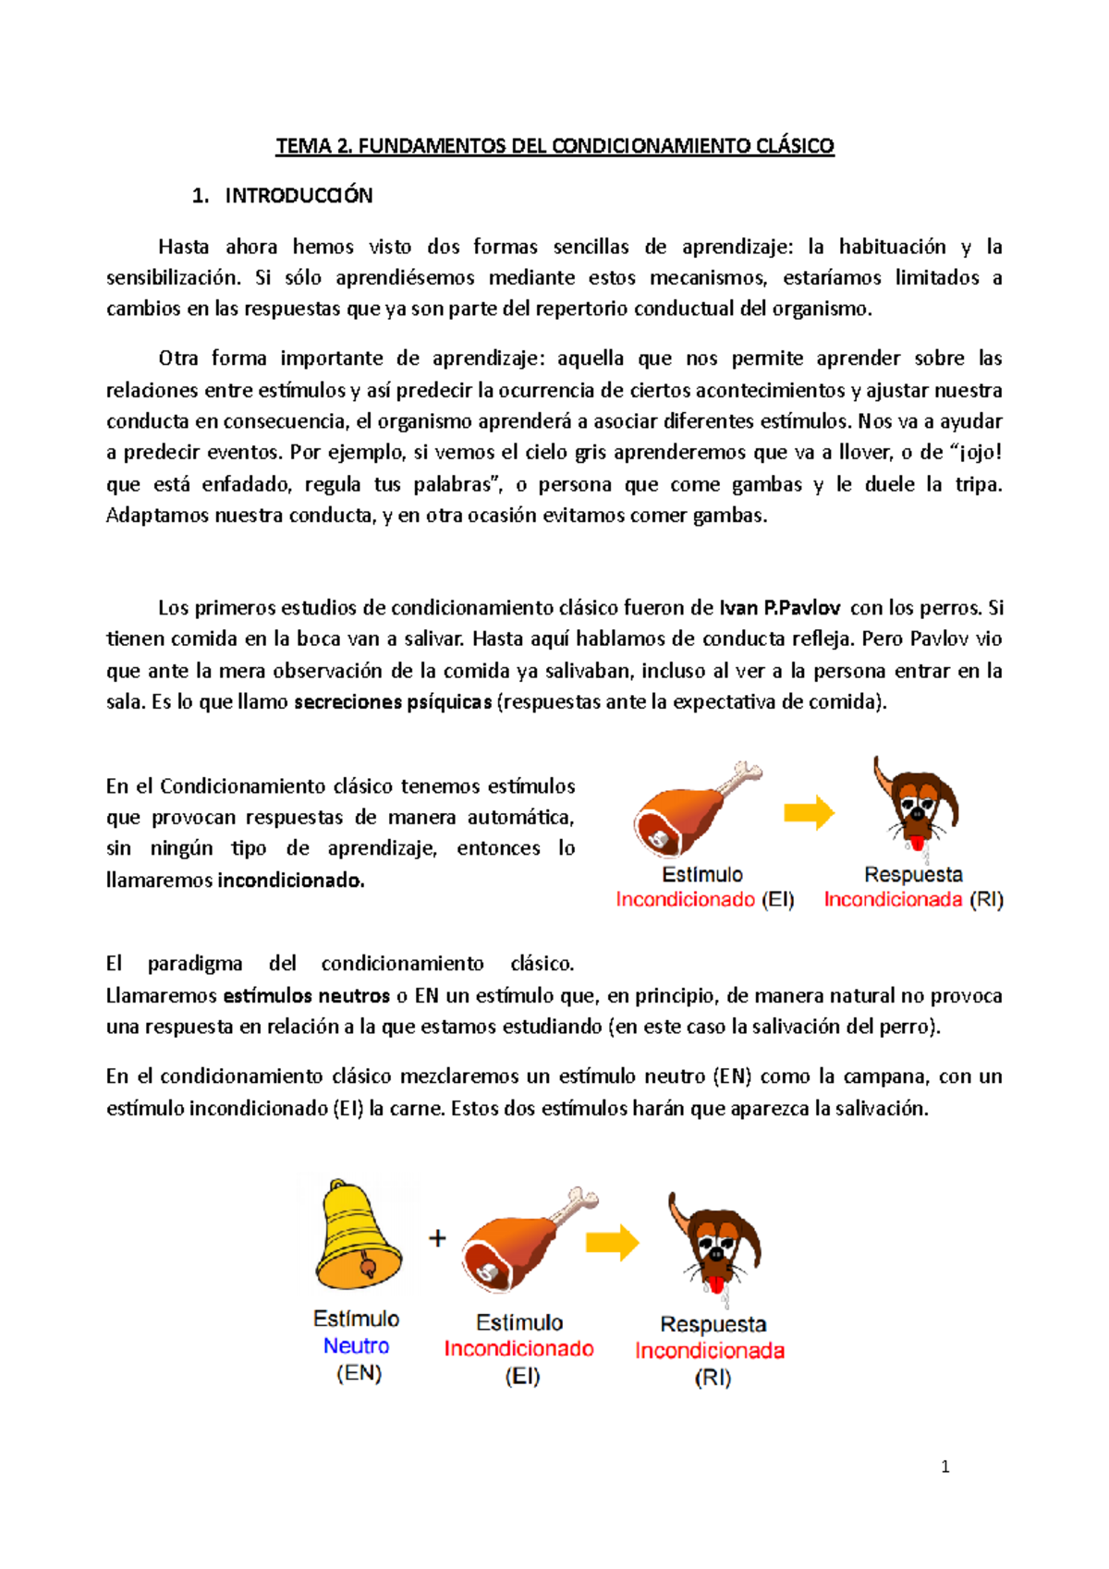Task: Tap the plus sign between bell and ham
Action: [x=438, y=1238]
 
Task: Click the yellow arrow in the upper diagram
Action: [x=809, y=813]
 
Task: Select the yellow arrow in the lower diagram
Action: [x=612, y=1243]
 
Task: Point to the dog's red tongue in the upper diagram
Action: [x=917, y=843]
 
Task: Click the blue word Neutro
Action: [x=356, y=1346]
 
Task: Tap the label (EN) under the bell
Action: [x=359, y=1374]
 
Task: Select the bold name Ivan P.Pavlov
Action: [x=779, y=608]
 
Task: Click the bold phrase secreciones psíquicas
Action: [x=393, y=702]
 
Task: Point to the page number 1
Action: [x=944, y=1466]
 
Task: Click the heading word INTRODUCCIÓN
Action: [x=299, y=196]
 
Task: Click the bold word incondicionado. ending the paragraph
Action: [x=291, y=881]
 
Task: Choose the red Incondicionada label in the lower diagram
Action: [x=710, y=1351]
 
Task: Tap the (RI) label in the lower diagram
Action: [x=713, y=1379]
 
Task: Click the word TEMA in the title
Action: [x=302, y=146]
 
